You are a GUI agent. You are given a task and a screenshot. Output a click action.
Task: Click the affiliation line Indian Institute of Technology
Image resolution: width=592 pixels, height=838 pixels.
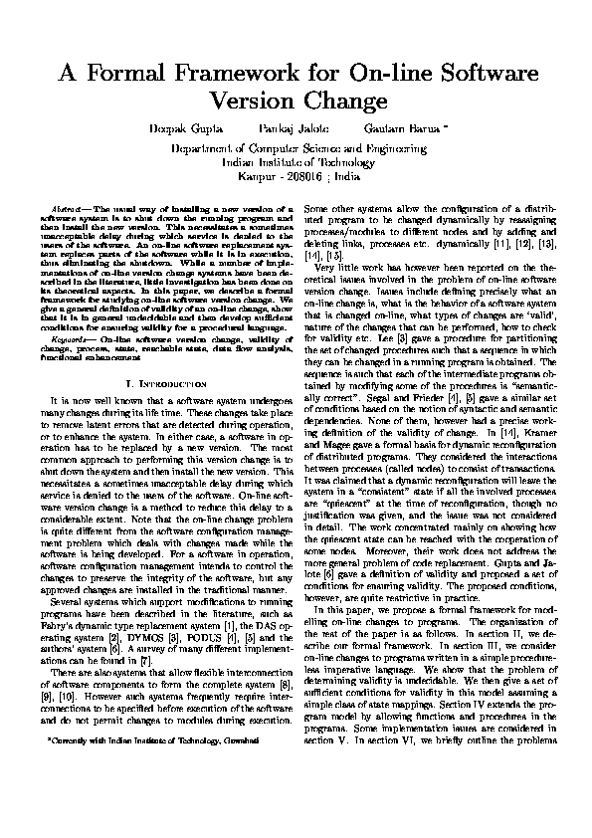click(296, 158)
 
